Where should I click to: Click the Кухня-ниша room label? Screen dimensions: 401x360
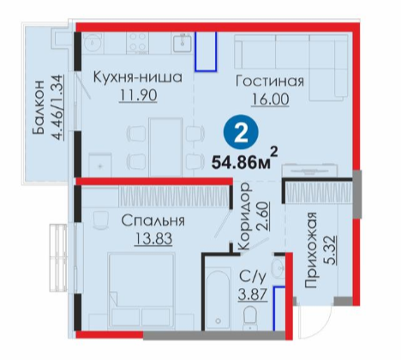coord(138,77)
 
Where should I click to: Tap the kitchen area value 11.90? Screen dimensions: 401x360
coord(138,96)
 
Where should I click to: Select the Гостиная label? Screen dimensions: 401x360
coord(270,81)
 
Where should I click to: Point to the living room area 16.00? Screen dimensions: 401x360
coord(270,99)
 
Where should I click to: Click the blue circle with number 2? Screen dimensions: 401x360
coord(241,133)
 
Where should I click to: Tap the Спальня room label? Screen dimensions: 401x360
coord(153,220)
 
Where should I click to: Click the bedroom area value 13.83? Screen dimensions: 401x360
coord(153,239)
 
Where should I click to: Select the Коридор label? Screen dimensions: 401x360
coord(245,217)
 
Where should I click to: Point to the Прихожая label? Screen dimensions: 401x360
coord(311,250)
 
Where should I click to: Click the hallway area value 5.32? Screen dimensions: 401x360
coord(330,250)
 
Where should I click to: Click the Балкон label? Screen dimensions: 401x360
coord(39,107)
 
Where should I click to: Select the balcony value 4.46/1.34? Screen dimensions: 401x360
coord(57,107)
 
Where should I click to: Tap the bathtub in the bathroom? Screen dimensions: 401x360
coord(218,299)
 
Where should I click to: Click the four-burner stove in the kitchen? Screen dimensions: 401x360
coord(138,43)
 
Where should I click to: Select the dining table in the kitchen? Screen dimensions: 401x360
coord(165,147)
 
